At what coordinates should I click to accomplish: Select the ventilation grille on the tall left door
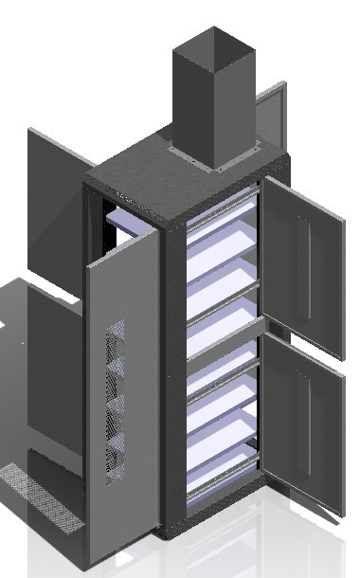click(x=117, y=398)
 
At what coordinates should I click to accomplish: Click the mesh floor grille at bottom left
click(x=43, y=493)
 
